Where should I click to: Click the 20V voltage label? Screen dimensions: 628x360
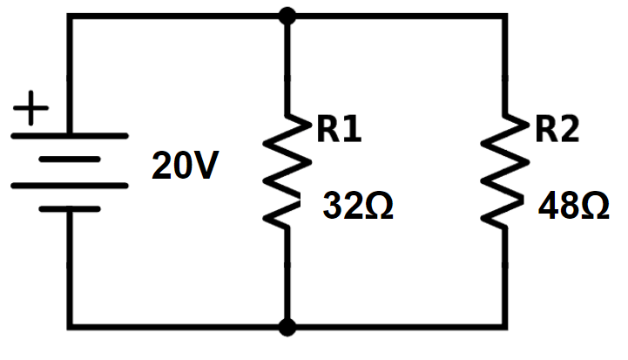click(186, 165)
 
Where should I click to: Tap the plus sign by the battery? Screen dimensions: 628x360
click(30, 108)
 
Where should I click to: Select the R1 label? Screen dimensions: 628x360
click(339, 129)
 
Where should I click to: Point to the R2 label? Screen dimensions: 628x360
click(557, 129)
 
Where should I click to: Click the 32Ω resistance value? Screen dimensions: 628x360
click(358, 205)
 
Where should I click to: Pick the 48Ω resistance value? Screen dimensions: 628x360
click(574, 205)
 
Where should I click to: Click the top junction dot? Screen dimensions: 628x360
click(287, 17)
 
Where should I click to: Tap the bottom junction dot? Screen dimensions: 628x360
click(287, 327)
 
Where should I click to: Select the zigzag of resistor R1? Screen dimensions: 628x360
click(287, 172)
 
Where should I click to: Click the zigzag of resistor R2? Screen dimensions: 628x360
click(505, 172)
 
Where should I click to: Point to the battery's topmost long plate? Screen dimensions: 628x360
click(70, 136)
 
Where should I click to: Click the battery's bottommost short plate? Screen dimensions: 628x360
click(70, 209)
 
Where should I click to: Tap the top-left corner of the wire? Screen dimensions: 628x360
click(70, 17)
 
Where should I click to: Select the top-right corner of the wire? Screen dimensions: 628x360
click(505, 17)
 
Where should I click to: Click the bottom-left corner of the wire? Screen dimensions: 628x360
click(70, 327)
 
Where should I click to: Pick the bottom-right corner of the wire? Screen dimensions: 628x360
click(505, 327)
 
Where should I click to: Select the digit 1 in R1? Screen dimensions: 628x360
click(354, 129)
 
